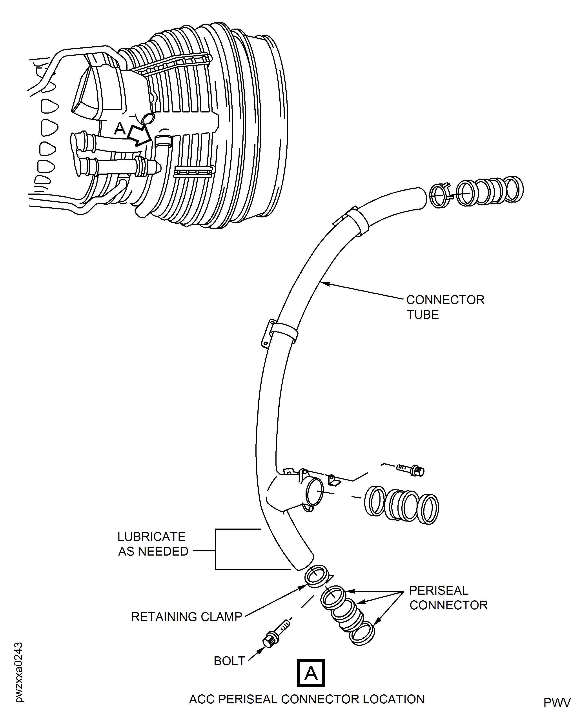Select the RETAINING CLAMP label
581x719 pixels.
pyautogui.click(x=186, y=617)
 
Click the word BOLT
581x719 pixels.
pyautogui.click(x=229, y=661)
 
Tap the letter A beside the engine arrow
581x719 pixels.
pyautogui.click(x=120, y=129)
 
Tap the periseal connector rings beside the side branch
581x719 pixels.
pyautogui.click(x=402, y=505)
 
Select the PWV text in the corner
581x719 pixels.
pyautogui.click(x=557, y=703)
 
